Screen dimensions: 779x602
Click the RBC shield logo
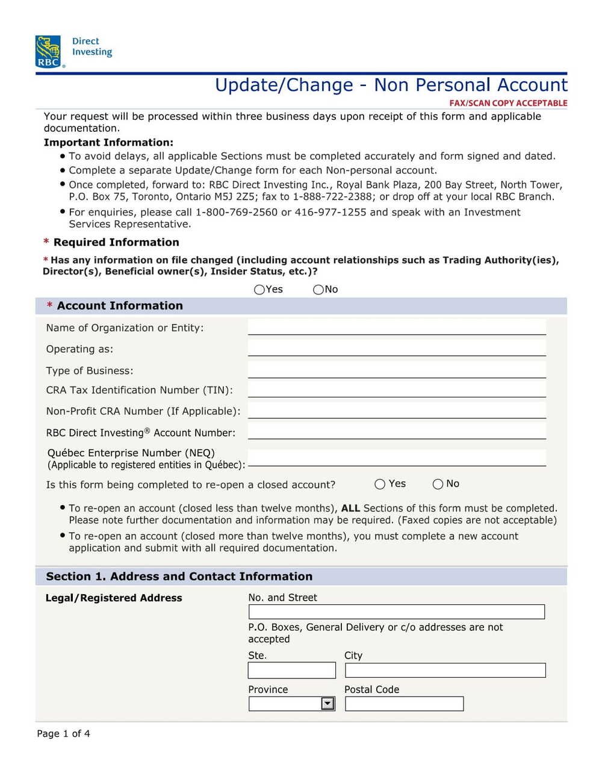[48, 51]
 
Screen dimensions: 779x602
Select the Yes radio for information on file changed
[259, 290]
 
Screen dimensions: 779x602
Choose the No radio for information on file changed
[318, 290]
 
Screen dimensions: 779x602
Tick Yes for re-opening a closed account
[380, 484]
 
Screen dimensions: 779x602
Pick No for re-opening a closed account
[438, 484]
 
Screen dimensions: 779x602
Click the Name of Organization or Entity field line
[397, 327]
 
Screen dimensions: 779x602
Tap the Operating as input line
[397, 349]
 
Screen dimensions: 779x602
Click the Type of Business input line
[397, 370]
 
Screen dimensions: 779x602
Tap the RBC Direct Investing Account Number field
[397, 432]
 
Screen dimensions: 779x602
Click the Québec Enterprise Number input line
[397, 458]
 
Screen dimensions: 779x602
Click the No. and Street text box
[396, 612]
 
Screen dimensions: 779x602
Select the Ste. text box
[291, 670]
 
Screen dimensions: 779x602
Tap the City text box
[445, 670]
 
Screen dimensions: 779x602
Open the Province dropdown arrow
[327, 704]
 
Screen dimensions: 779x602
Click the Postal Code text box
[404, 704]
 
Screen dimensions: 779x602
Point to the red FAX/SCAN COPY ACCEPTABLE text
[508, 103]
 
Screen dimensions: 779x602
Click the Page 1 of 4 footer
[63, 733]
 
